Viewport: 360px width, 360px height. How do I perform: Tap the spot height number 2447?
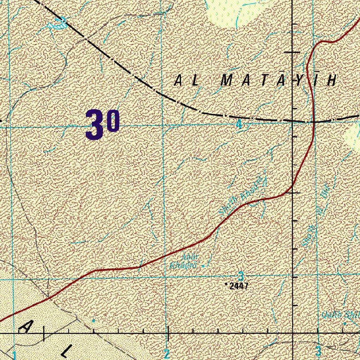click(239, 286)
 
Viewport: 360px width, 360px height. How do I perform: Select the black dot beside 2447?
click(226, 283)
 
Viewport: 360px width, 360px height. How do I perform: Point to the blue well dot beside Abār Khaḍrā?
click(204, 266)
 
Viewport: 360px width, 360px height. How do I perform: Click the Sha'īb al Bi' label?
click(316, 221)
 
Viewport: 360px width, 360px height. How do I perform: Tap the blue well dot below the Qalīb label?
click(345, 323)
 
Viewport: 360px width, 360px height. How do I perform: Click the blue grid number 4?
click(239, 124)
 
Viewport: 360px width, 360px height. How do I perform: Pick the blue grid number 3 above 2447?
click(241, 276)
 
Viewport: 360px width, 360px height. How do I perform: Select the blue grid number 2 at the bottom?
click(167, 353)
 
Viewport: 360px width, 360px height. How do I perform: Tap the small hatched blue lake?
click(57, 25)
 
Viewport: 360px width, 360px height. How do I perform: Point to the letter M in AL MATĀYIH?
click(226, 81)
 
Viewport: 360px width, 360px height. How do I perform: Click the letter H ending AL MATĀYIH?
click(331, 81)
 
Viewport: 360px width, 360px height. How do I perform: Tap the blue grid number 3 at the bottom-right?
click(319, 351)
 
